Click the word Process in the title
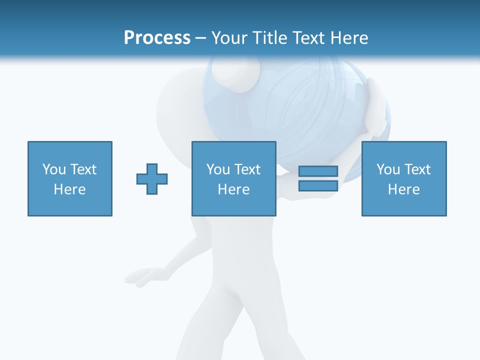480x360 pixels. coord(157,38)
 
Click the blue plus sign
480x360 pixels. coord(152,179)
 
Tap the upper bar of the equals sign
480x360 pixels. coord(318,171)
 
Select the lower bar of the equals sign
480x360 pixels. coord(318,186)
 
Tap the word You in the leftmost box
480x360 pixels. coord(54,169)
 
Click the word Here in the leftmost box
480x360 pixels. coord(70,189)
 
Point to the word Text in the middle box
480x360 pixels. coord(247,169)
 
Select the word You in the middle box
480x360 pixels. coord(218,169)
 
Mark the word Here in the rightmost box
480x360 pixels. coord(404,189)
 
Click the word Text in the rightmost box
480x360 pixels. coord(417,169)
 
